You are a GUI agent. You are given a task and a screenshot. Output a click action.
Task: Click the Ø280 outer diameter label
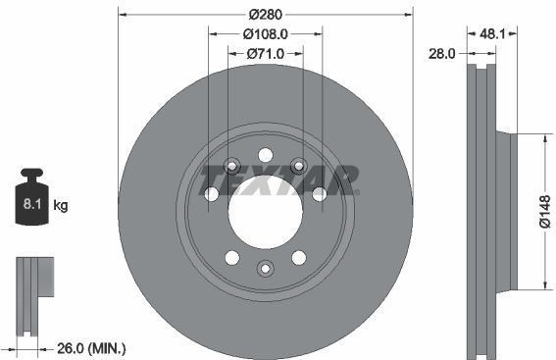point(265,14)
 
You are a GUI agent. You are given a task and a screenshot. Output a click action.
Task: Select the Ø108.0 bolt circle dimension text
point(265,33)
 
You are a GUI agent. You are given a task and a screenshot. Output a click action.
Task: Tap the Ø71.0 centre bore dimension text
point(265,54)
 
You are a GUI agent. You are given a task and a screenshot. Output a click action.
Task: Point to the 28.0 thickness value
point(443,54)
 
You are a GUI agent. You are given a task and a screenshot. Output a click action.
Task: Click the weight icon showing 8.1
point(29,202)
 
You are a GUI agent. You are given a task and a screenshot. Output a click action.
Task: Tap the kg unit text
point(61,206)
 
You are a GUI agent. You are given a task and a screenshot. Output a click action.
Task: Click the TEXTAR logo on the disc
point(279,180)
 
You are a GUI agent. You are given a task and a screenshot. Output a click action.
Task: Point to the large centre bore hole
point(265,211)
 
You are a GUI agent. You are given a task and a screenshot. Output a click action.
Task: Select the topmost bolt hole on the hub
point(265,154)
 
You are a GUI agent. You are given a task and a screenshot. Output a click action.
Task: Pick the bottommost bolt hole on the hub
point(265,269)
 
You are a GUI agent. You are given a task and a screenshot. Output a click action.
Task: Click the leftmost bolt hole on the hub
point(211,194)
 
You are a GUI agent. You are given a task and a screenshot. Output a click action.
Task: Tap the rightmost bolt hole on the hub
point(319,194)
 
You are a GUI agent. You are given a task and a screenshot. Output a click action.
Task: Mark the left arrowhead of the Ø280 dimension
point(123,14)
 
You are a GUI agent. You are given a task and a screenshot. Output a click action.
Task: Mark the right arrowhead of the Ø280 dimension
point(408,14)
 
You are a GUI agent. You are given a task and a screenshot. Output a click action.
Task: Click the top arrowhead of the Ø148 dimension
point(539,136)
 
